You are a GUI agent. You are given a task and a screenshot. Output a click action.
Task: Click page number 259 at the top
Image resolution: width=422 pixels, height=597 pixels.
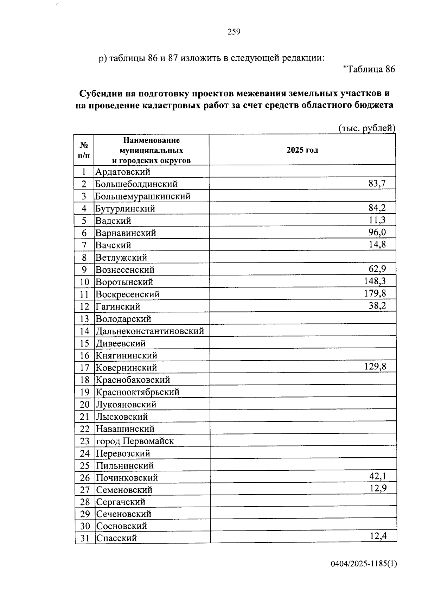(234, 32)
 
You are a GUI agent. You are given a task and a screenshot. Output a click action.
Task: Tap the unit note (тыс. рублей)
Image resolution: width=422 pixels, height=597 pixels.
(366, 128)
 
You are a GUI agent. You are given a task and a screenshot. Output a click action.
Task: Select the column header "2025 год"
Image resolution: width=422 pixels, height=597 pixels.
(302, 150)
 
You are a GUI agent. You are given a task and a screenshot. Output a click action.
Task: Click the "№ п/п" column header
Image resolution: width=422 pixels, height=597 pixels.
(84, 150)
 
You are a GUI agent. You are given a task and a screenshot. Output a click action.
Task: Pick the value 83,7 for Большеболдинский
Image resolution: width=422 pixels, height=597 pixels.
(377, 183)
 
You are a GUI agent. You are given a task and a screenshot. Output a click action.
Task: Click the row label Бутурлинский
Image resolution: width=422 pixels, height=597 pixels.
(125, 209)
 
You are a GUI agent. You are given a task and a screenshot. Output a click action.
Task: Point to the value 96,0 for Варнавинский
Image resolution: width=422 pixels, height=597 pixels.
(377, 232)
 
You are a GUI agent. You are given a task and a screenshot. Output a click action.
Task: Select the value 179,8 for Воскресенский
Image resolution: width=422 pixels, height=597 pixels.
(375, 293)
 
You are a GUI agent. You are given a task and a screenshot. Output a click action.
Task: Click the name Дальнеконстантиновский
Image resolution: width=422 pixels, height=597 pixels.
(150, 331)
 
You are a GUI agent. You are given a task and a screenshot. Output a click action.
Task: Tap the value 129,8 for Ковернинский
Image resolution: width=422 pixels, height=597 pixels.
(375, 367)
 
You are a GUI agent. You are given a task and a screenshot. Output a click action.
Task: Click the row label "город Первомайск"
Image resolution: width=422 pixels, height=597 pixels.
(135, 441)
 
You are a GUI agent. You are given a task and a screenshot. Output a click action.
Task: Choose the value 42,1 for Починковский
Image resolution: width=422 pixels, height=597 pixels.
(378, 477)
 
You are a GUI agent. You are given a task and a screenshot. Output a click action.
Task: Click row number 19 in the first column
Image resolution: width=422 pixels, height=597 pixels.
(84, 392)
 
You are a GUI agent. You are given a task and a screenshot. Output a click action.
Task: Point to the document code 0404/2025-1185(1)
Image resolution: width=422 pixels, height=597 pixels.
(364, 564)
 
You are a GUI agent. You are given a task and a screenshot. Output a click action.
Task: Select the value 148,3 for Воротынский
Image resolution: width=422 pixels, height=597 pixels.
(375, 281)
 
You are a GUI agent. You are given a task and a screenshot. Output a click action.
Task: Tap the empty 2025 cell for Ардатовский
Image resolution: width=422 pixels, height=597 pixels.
(302, 172)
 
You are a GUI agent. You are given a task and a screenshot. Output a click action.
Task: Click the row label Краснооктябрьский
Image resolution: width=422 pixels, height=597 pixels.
(138, 392)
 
